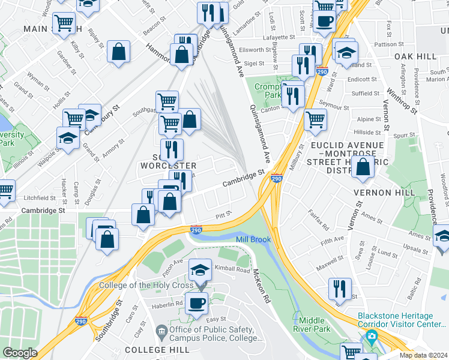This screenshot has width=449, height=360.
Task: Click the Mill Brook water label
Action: point(253,239)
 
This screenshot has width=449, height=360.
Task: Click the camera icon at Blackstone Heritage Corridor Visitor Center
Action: point(372,336)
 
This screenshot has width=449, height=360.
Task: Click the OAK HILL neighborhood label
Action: point(415,56)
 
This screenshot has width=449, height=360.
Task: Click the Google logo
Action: point(19,353)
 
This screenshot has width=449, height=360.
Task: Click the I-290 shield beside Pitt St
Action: point(196,229)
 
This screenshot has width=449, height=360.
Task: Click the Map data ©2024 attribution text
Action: point(424,355)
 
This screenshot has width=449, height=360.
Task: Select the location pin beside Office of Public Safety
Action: point(161,330)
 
